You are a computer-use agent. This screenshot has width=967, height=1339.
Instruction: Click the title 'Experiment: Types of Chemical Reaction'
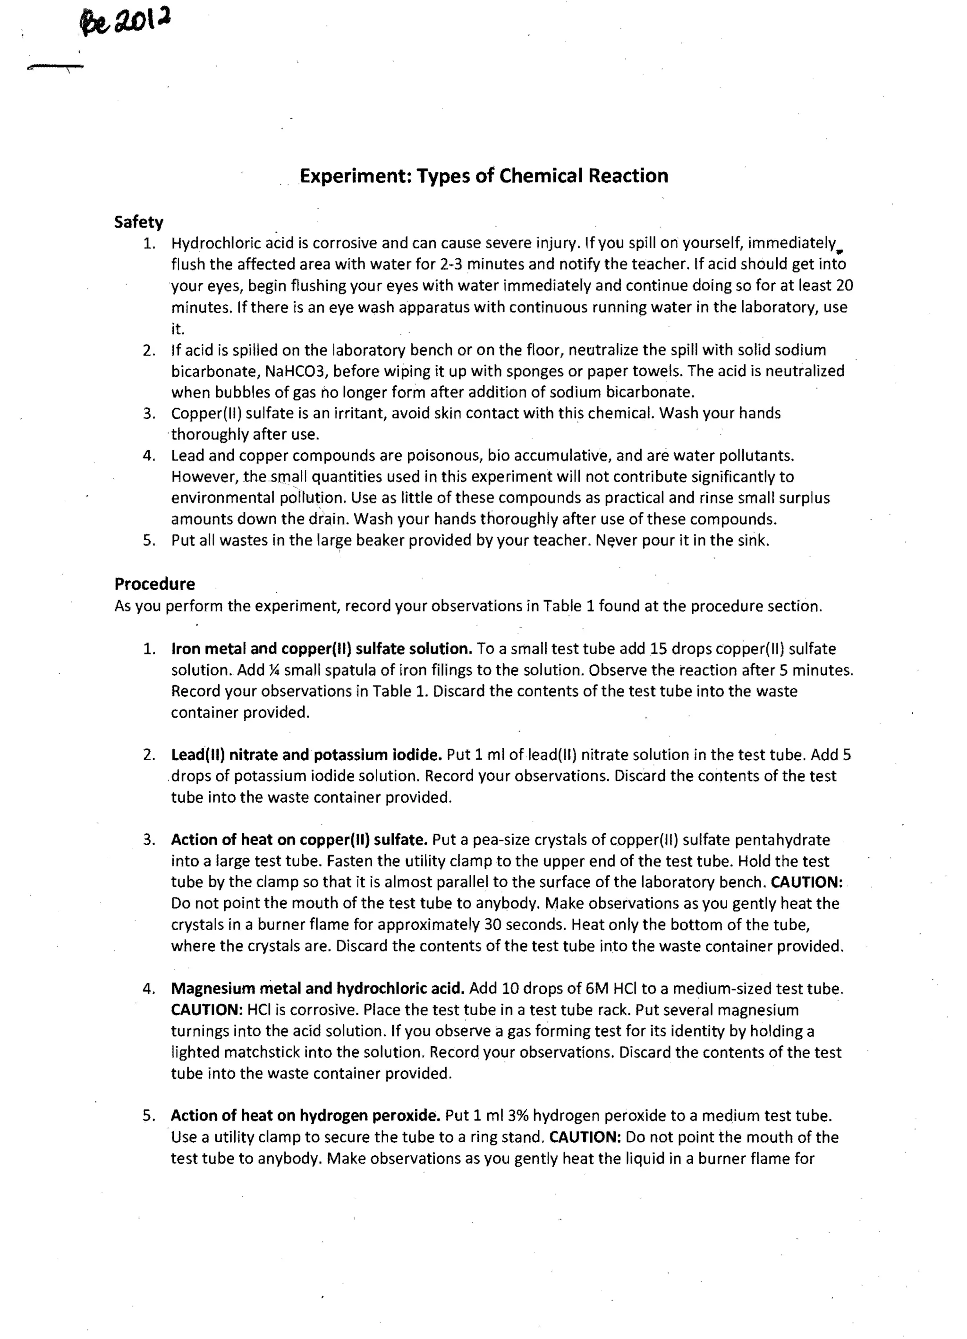[483, 176]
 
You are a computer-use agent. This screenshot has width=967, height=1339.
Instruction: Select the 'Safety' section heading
[139, 222]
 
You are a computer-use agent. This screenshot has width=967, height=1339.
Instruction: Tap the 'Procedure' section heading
[155, 584]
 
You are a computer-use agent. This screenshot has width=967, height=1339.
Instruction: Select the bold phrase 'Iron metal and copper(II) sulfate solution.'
[321, 649]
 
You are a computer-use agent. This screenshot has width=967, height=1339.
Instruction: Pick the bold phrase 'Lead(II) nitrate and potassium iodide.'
[306, 755]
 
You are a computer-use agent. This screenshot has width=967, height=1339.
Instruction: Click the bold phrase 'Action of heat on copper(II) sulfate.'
[299, 840]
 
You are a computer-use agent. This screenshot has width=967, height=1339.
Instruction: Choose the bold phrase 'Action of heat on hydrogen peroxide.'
[305, 1116]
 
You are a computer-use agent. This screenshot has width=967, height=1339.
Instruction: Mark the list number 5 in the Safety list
[148, 541]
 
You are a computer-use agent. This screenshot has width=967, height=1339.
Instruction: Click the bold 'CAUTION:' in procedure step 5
[585, 1137]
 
